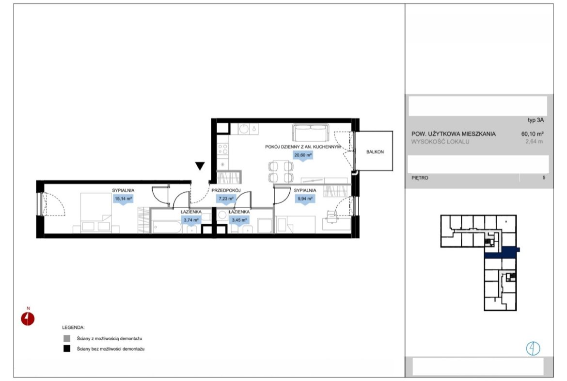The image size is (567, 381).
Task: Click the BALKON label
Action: coord(375,152)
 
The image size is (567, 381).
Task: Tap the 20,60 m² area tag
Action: coord(303,155)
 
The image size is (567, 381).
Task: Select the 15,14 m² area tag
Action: coord(124,199)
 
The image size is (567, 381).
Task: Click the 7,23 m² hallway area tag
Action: coord(226,199)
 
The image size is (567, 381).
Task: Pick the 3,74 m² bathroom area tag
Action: coord(191,220)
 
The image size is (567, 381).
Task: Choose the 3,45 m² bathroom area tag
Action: coord(239,220)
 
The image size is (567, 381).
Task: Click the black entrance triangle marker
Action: coord(200,166)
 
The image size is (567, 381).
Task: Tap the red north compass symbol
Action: coord(28,319)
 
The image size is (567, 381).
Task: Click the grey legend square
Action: coord(67,338)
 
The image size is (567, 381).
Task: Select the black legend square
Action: coord(67,348)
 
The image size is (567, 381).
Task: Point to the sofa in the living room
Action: coord(311,133)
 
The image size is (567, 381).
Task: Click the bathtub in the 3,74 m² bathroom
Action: coord(166,227)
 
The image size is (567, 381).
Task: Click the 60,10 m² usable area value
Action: coord(532,133)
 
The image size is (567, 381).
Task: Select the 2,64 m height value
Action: coord(534,142)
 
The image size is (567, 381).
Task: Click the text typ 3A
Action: coord(535,120)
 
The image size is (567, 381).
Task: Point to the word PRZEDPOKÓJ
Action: coord(226,190)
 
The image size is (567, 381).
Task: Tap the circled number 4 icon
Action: coord(533,348)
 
